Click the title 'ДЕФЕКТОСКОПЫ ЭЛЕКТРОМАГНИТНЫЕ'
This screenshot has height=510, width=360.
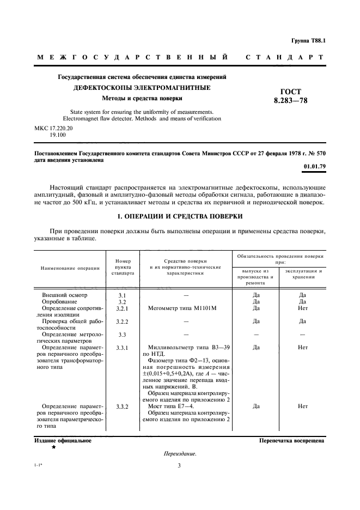pos(143,88)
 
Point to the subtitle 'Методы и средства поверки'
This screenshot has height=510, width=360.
pos(142,99)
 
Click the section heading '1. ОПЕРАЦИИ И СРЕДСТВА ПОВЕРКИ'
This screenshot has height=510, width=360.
pos(180,216)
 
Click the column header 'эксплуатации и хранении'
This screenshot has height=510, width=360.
pos(303,274)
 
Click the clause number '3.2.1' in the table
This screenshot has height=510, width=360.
pos(122,308)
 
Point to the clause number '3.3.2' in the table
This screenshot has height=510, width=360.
pos(122,406)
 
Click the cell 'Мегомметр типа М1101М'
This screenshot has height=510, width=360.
pos(182,308)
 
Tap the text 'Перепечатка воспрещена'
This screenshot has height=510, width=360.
pos(292,440)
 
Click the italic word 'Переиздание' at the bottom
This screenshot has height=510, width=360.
pos(180,453)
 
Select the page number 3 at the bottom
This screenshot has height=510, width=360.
pos(179,465)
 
